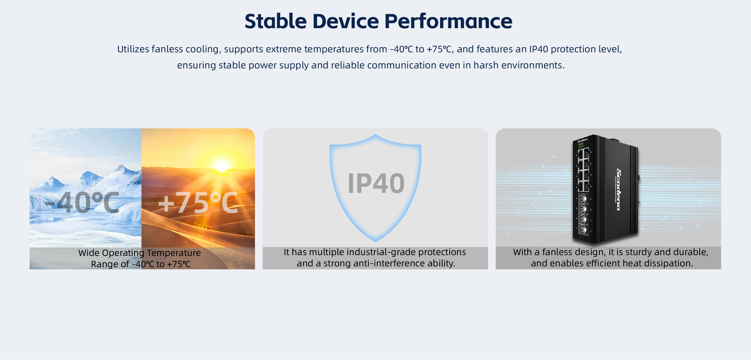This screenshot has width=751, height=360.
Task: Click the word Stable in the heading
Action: (x=275, y=21)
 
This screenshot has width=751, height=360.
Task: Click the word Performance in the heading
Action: (x=448, y=21)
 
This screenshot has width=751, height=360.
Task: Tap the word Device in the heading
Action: (x=345, y=21)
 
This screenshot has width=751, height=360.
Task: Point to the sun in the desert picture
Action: (x=222, y=166)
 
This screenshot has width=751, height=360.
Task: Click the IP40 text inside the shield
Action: (x=376, y=183)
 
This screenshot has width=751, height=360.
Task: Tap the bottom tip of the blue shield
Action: (x=376, y=241)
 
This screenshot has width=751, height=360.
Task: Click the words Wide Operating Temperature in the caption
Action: (x=139, y=253)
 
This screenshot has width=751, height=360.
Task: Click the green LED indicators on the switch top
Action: (x=581, y=147)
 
